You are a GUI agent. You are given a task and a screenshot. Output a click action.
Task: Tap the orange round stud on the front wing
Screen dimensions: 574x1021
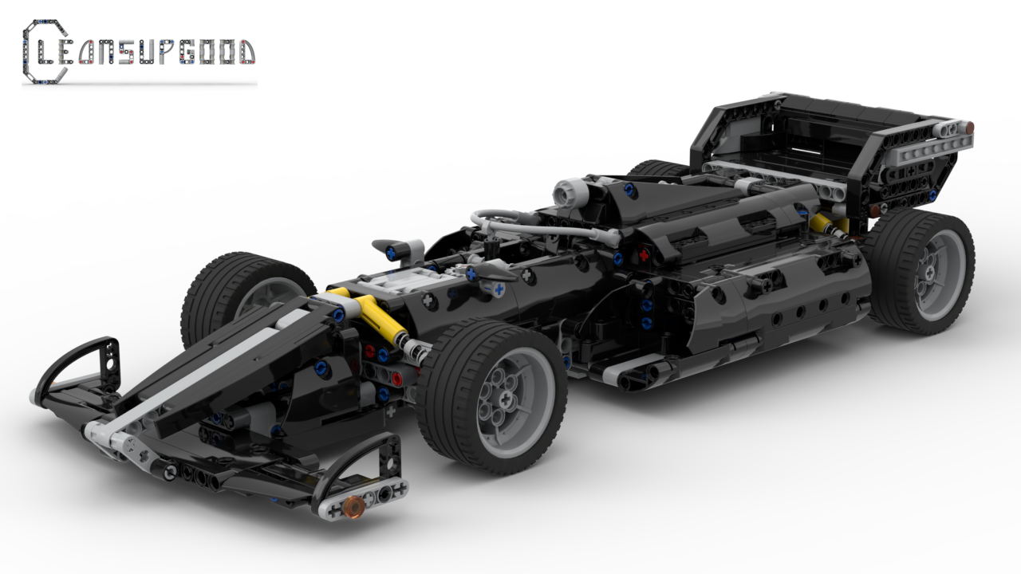coord(353,503)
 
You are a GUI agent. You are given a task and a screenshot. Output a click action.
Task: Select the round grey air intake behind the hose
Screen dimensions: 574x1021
coord(568,192)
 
